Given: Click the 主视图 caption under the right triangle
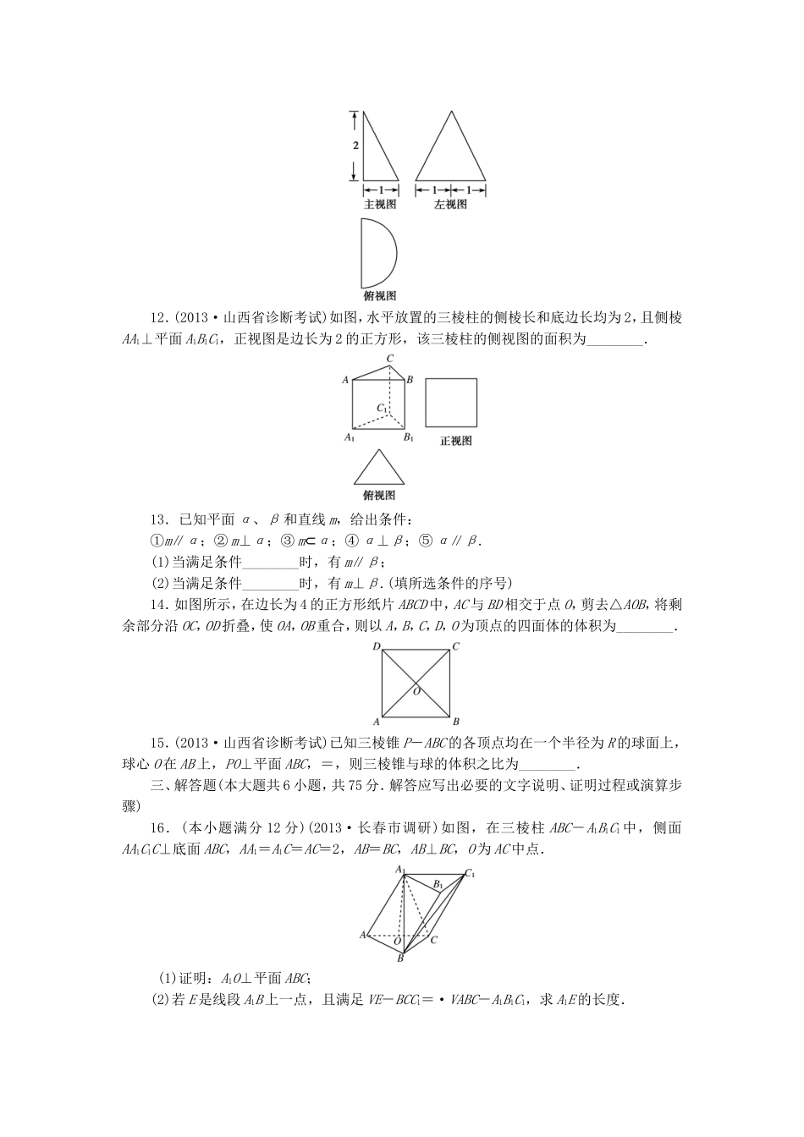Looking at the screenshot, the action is pos(379,204).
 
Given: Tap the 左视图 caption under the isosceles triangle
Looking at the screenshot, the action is pos(450,204).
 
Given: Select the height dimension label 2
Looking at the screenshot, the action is pos(355,145).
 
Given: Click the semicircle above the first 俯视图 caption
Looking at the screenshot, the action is pos(376,252).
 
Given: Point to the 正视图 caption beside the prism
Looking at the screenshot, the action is pos(456,441).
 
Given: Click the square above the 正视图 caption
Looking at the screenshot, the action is pos(451,403).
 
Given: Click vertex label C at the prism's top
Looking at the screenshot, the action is pos(390,359).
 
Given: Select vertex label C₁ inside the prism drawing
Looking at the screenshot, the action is pos(383,409).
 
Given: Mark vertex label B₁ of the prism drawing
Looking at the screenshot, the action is pos(408,437).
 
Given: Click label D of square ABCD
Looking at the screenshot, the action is pos(375,647).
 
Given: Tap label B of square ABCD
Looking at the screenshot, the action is pos(455,722).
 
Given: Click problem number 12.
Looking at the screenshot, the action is pos(158,318).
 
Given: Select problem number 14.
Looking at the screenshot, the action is pos(158,604).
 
